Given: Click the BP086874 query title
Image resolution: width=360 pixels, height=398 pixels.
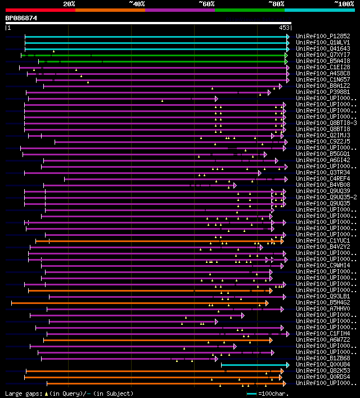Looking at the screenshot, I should click(x=21, y=18).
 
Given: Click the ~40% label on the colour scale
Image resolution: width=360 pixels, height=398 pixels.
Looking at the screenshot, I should click(x=137, y=4).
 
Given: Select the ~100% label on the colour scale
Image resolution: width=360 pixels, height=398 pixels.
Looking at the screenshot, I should click(x=344, y=4).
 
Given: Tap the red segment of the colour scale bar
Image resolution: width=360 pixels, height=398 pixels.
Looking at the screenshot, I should click(x=40, y=10).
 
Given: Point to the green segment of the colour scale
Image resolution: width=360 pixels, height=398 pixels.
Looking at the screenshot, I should click(x=249, y=10).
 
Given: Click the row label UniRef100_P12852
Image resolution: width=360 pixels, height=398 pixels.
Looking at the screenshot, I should click(x=323, y=36).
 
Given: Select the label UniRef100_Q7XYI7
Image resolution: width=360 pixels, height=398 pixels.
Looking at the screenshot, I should click(x=323, y=55).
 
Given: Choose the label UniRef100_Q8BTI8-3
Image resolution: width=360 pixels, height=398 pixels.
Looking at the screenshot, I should click(x=326, y=123).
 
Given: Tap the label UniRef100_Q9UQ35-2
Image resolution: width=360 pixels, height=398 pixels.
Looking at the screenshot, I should click(x=326, y=197).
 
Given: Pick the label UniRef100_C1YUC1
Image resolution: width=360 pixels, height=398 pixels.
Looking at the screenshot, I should click(x=323, y=240).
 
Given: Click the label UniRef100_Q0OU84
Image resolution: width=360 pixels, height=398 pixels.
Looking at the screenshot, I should click(x=323, y=364).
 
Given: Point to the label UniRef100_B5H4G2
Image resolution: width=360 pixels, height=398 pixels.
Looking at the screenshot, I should click(x=323, y=302).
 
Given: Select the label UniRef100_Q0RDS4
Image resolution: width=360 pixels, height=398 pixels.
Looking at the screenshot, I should click(x=323, y=377).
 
